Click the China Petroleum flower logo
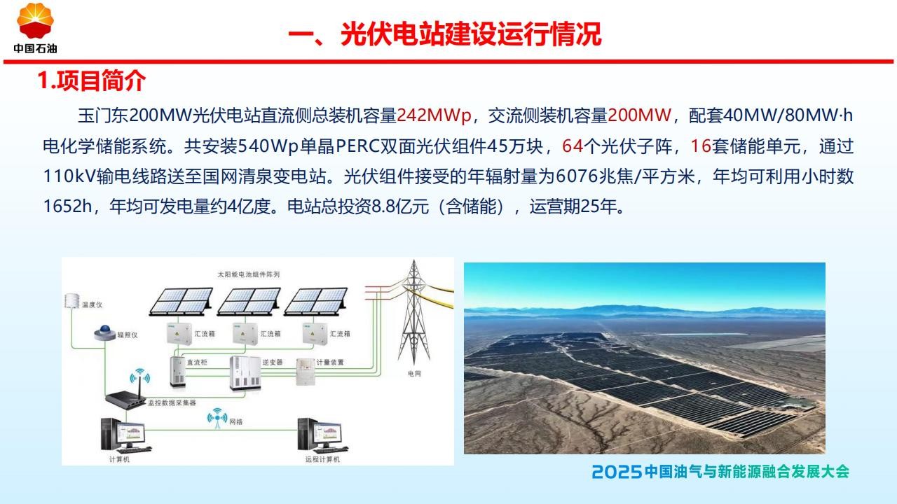tap(35, 21)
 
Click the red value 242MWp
tap(434, 115)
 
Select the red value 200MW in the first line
tap(639, 115)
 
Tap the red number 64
tap(573, 146)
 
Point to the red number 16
tap(701, 146)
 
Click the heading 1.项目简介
tap(91, 80)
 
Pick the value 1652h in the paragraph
tap(67, 206)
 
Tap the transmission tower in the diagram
tap(414, 312)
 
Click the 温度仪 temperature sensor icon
tap(72, 301)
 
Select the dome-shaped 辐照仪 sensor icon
tap(104, 332)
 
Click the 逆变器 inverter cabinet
tap(245, 373)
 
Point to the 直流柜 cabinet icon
tap(178, 371)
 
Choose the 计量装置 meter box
tap(305, 372)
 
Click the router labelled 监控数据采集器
tap(126, 394)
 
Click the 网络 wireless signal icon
tap(217, 418)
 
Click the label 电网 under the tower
tap(414, 374)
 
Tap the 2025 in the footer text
tap(617, 472)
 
